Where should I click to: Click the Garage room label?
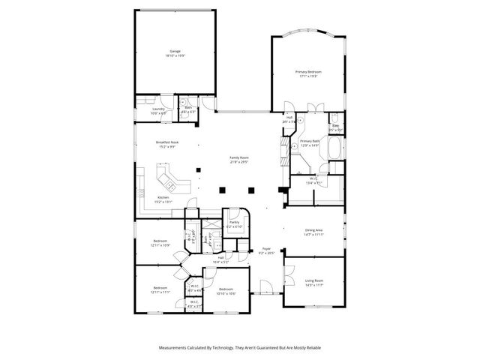[175, 52]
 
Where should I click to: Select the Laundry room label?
[158, 109]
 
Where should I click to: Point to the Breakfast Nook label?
[166, 142]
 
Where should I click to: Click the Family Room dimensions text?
[239, 161]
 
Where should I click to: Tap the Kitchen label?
[163, 197]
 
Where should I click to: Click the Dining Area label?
[313, 231]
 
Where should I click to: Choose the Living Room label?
[313, 281]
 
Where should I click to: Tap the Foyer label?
[265, 248]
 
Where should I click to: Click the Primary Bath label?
[310, 141]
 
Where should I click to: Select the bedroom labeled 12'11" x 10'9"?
[160, 241]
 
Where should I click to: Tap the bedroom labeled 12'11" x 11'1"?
[160, 288]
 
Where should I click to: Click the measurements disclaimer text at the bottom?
[239, 348]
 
